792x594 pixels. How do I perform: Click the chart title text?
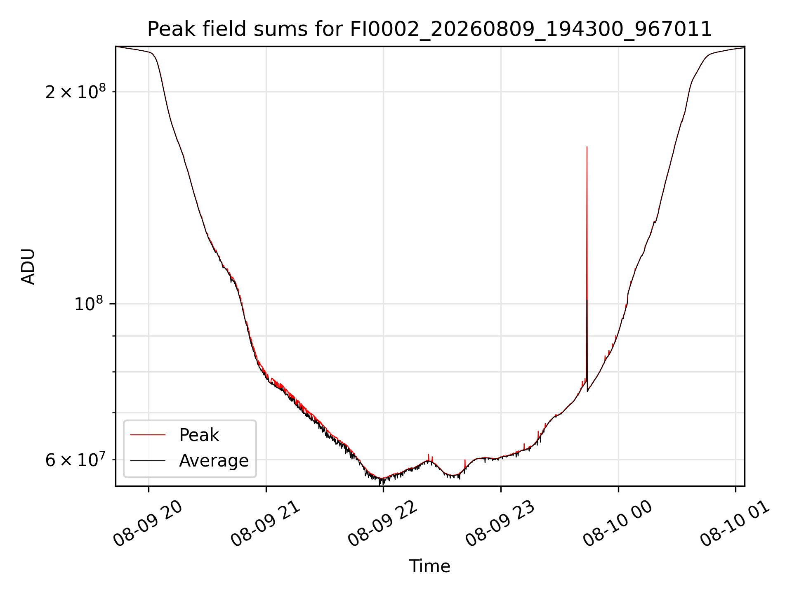[430, 29]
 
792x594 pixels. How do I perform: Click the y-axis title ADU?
[28, 266]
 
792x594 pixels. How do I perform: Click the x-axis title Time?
[429, 566]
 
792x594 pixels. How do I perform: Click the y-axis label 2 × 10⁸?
[75, 92]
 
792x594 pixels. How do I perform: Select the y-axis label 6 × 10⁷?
[75, 460]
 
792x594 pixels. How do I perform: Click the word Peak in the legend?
[199, 435]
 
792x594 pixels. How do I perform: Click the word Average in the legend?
[214, 461]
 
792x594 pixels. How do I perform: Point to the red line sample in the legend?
[148, 435]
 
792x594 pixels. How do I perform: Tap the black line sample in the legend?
[148, 460]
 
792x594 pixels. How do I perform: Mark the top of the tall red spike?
[587, 147]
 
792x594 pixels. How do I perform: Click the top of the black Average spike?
[587, 300]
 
